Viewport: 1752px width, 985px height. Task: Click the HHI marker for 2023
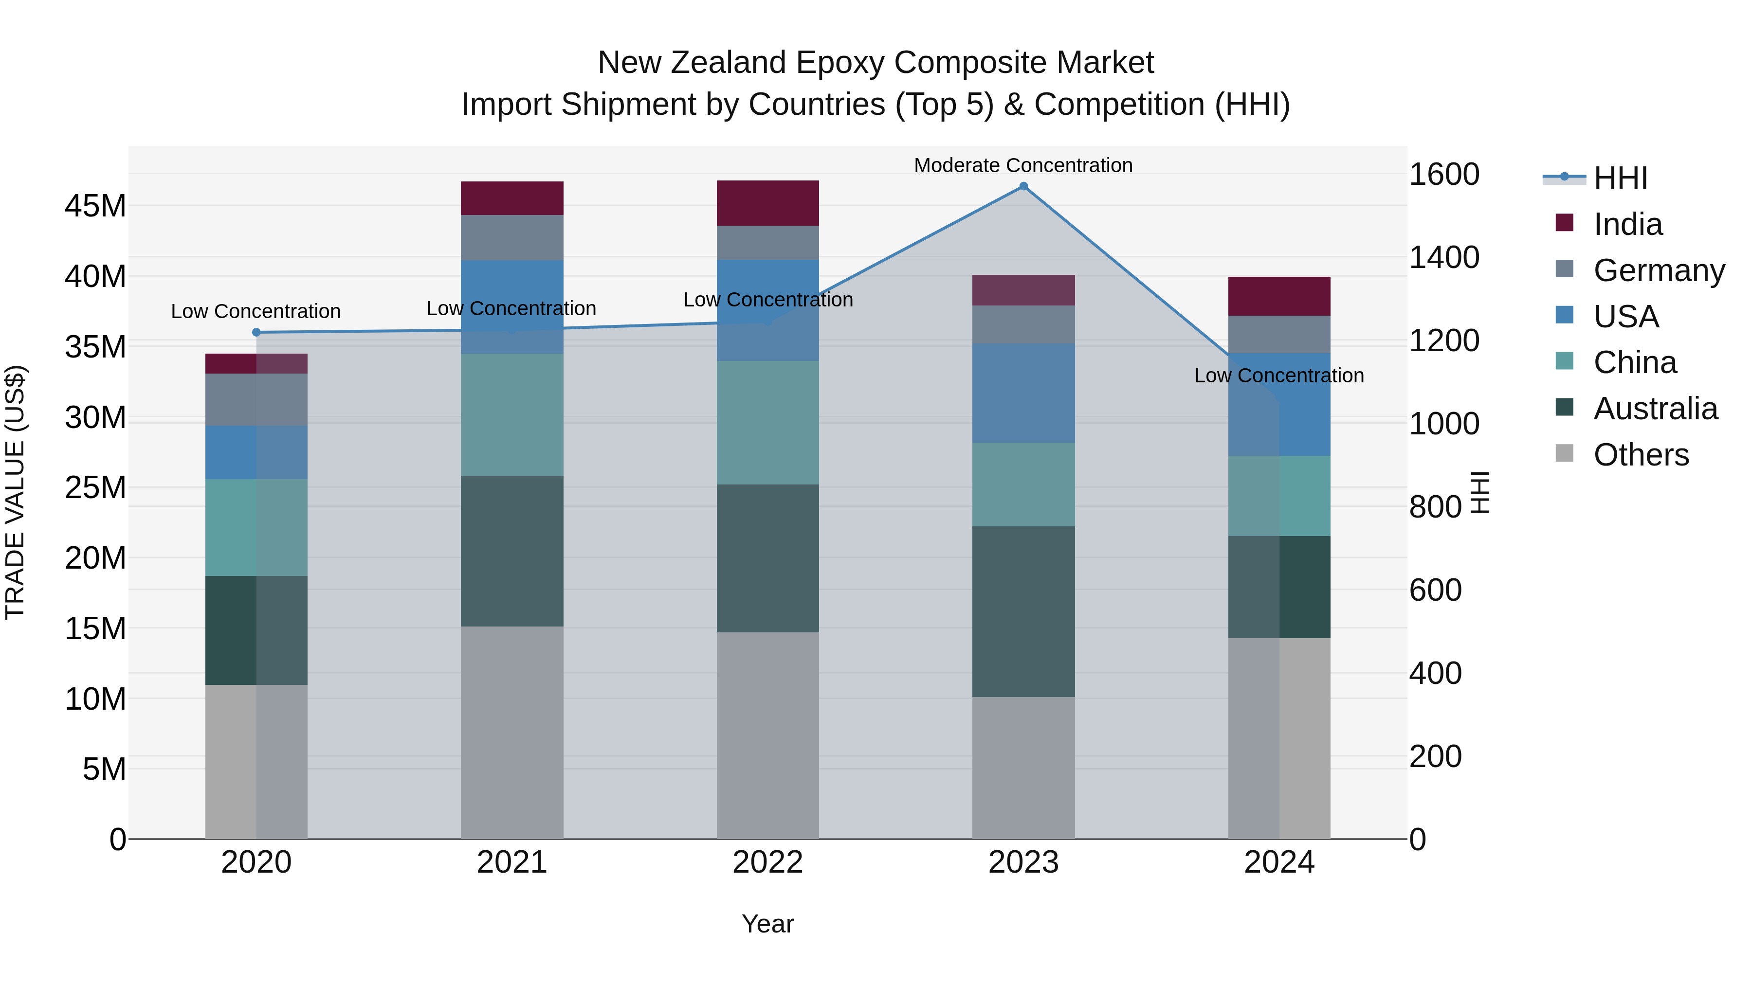pyautogui.click(x=1023, y=186)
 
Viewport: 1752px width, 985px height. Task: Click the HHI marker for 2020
pyautogui.click(x=256, y=332)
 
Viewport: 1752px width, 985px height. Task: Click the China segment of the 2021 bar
pyautogui.click(x=511, y=414)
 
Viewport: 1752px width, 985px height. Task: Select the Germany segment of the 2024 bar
pyautogui.click(x=1278, y=335)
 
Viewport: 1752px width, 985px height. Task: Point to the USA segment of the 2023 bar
pyautogui.click(x=1023, y=393)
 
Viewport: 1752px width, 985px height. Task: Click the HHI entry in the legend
pyautogui.click(x=1620, y=178)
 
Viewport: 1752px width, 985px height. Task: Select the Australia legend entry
pyautogui.click(x=1655, y=409)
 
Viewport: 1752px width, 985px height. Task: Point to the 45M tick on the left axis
pyautogui.click(x=95, y=206)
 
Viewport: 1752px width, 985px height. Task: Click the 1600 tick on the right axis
pyautogui.click(x=1443, y=174)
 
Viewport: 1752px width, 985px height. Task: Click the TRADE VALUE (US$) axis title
pyautogui.click(x=15, y=492)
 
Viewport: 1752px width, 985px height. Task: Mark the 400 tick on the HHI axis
pyautogui.click(x=1435, y=673)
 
